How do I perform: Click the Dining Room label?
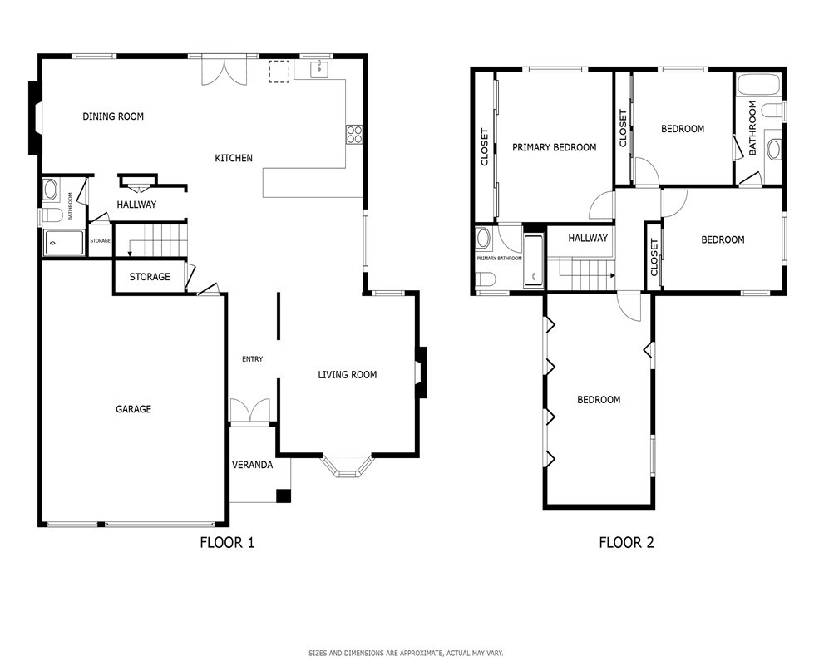[x=113, y=116]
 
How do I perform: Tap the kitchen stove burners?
[x=354, y=134]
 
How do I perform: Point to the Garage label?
[x=133, y=409]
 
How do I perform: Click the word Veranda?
[x=252, y=465]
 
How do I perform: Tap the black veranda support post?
[x=284, y=496]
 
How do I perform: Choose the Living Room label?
[x=348, y=375]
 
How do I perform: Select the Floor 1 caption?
[x=227, y=543]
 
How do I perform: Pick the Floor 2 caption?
[x=627, y=543]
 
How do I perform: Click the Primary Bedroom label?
[x=555, y=147]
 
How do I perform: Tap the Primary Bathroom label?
[x=500, y=258]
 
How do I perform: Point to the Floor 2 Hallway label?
[x=588, y=239]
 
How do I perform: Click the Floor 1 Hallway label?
[x=136, y=205]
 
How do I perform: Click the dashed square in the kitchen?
[x=279, y=72]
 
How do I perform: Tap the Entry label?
[x=252, y=359]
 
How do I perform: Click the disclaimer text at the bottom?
[x=406, y=653]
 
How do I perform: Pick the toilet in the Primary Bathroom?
[x=486, y=279]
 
